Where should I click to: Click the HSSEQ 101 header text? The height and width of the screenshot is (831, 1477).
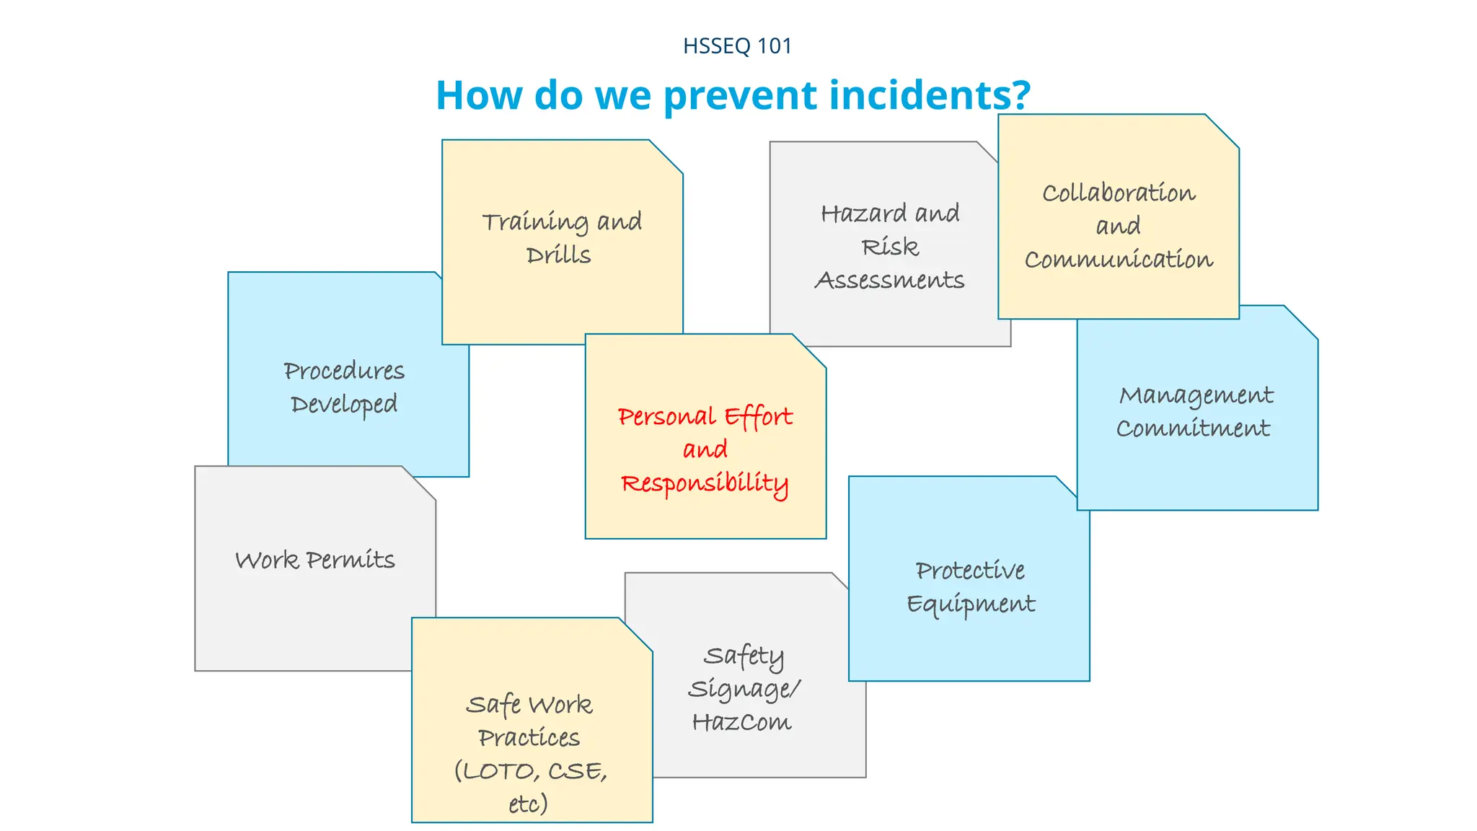click(737, 46)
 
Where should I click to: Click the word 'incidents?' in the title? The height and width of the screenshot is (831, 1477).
click(930, 95)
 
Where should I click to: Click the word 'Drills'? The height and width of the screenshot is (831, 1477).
click(558, 255)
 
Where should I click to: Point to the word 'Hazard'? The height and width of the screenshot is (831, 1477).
click(863, 214)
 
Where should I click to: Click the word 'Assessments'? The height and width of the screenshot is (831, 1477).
click(889, 280)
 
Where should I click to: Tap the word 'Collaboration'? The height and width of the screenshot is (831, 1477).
click(1119, 193)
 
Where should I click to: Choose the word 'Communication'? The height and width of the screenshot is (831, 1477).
click(1119, 260)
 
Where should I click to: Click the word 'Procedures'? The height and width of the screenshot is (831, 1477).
click(344, 371)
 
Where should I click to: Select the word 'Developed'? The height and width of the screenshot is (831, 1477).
click(344, 405)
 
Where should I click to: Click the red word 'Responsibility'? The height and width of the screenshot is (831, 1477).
click(705, 483)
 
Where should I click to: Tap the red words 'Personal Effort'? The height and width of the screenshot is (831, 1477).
click(705, 417)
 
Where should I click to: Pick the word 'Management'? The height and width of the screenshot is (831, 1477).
click(1196, 396)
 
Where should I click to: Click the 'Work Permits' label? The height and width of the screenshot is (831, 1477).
click(315, 560)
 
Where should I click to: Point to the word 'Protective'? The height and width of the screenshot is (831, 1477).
click(970, 571)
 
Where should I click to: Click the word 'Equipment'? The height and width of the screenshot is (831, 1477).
click(970, 604)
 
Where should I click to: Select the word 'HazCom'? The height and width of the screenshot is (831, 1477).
click(741, 722)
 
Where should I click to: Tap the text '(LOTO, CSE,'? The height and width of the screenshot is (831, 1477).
click(531, 771)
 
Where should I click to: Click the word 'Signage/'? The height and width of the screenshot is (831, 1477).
click(744, 690)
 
